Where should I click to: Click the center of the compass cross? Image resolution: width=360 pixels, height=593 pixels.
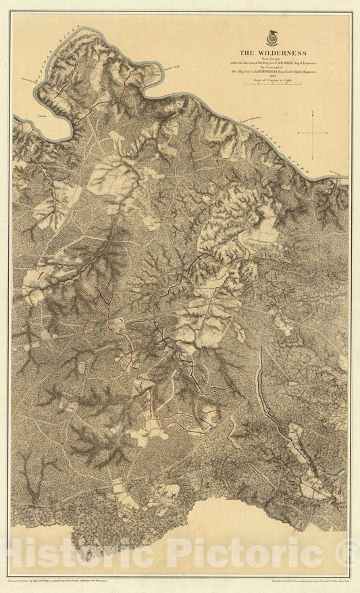point(315,133)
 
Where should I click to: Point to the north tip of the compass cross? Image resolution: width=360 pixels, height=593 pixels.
point(315,116)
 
